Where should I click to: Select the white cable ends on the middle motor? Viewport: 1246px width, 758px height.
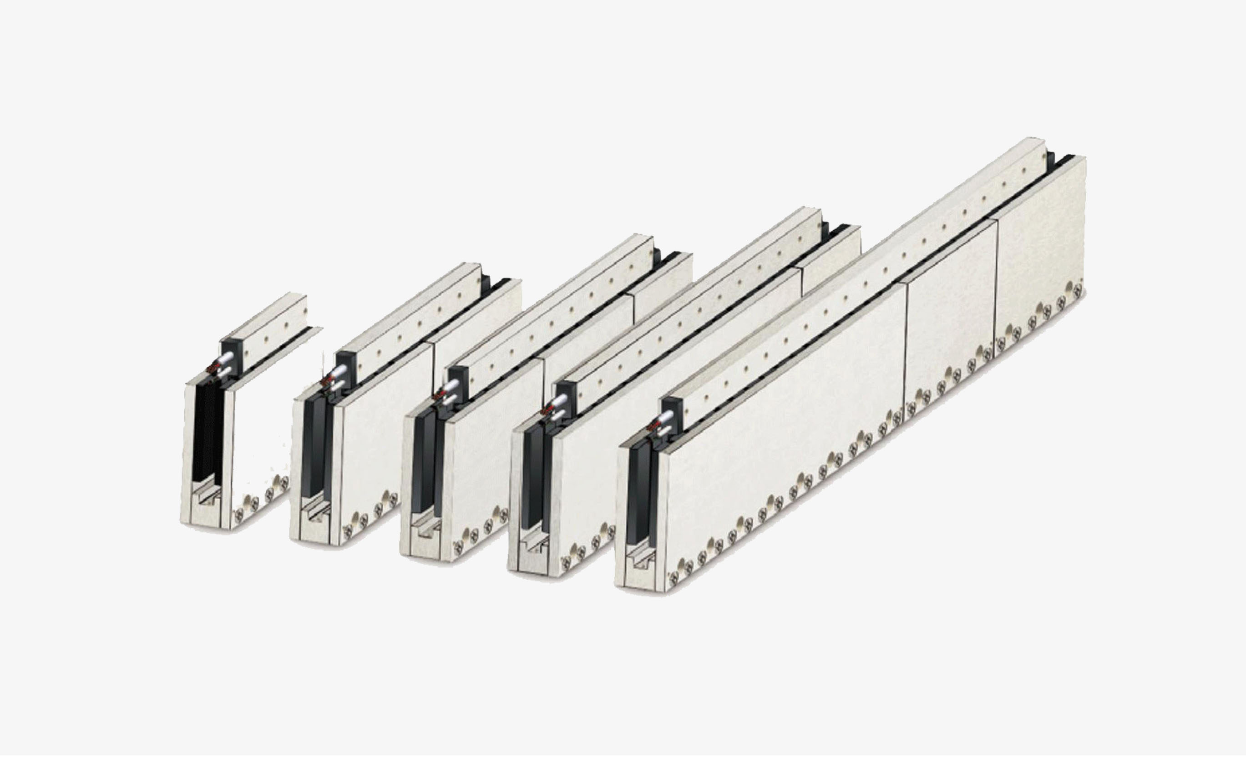pyautogui.click(x=449, y=392)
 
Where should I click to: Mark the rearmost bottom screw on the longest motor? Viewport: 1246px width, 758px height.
pyautogui.click(x=1078, y=290)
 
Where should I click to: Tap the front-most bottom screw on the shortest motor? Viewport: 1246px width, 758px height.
pyautogui.click(x=238, y=514)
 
